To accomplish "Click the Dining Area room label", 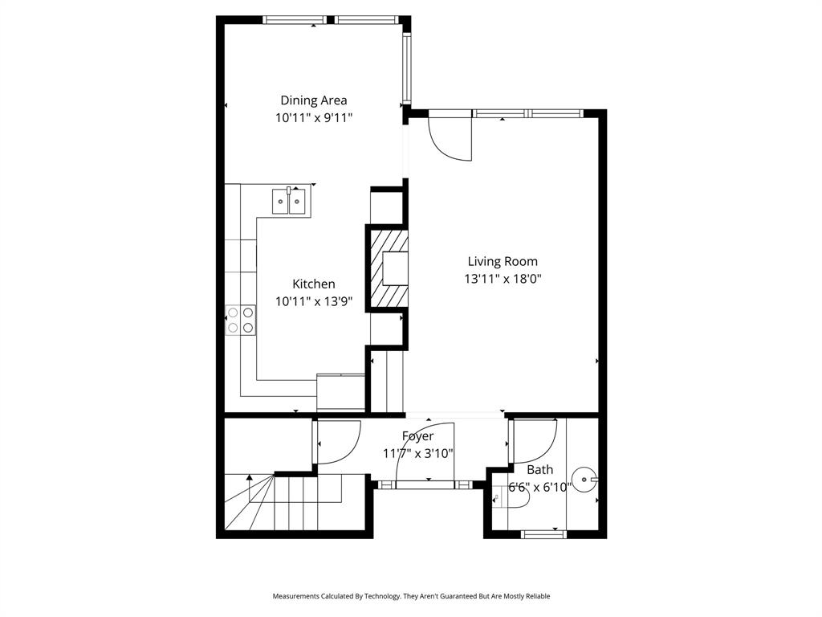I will (x=313, y=100).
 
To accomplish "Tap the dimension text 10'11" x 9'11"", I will (x=313, y=117).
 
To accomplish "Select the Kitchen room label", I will (x=313, y=284).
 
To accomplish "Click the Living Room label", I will (x=503, y=261).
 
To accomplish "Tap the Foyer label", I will (x=417, y=436).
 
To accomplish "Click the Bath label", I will (x=539, y=470).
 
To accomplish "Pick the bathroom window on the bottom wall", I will (x=543, y=533).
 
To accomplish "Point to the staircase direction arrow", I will (x=250, y=480).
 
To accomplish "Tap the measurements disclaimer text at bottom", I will (x=411, y=596).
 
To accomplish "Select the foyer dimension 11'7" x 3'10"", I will (x=417, y=453).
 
